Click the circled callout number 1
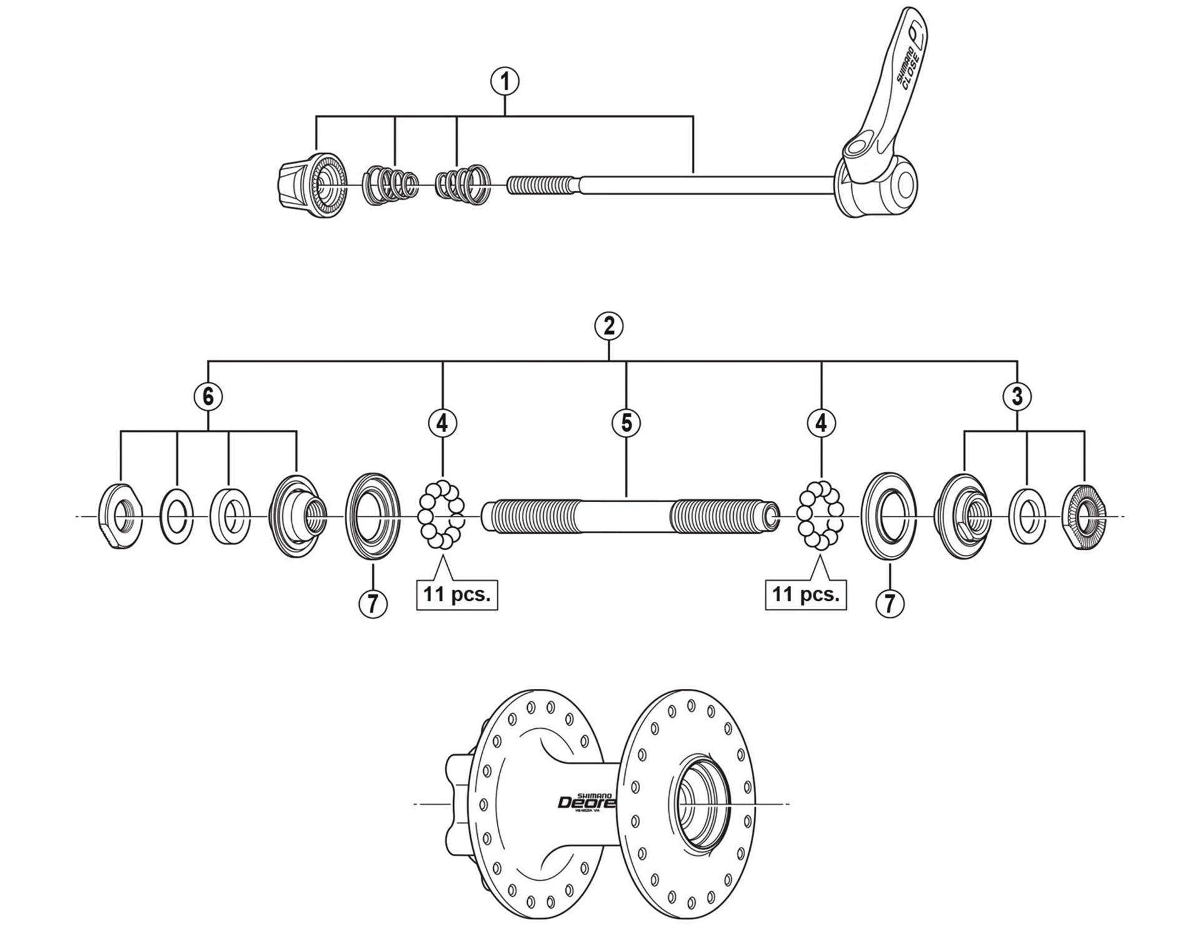point(505,81)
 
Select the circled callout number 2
point(609,326)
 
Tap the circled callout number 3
point(1017,396)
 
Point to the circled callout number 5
point(626,423)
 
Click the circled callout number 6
point(208,396)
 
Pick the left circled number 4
point(442,423)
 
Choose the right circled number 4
point(821,423)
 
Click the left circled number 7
point(373,603)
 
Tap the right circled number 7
point(890,603)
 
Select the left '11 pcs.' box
point(457,594)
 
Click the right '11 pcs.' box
point(806,594)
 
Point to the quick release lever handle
point(893,75)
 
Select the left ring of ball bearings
point(441,515)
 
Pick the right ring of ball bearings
point(821,515)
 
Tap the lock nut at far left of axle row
point(121,516)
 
